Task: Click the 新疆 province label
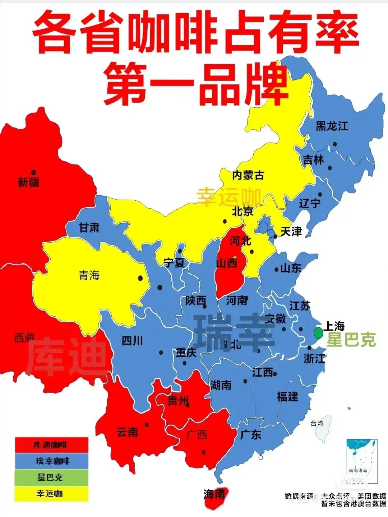(x=29, y=182)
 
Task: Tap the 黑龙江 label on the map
(x=332, y=126)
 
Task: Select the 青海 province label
(x=89, y=275)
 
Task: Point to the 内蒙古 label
(x=248, y=175)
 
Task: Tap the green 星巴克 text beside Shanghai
(x=351, y=340)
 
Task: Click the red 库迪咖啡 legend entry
(x=51, y=445)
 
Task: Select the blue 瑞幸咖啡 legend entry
(x=51, y=461)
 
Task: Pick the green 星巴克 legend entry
(x=51, y=477)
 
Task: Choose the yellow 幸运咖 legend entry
(x=51, y=493)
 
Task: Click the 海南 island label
(x=214, y=495)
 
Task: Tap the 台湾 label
(x=317, y=424)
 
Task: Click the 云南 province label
(x=128, y=432)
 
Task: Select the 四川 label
(x=133, y=340)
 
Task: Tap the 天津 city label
(x=291, y=232)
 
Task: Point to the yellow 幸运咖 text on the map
(x=229, y=196)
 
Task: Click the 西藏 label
(x=24, y=337)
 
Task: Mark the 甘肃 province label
(x=89, y=228)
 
